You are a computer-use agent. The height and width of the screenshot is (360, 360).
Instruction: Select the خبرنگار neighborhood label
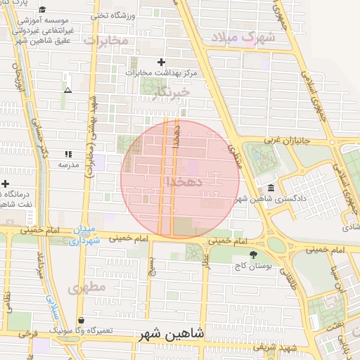click(170, 92)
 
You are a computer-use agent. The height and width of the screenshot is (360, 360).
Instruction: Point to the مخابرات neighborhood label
click(107, 41)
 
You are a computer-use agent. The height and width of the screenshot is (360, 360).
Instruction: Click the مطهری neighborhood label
click(87, 288)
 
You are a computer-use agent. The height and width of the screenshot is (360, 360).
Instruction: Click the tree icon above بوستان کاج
click(253, 255)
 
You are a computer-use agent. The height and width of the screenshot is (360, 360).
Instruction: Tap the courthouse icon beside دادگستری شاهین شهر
click(271, 187)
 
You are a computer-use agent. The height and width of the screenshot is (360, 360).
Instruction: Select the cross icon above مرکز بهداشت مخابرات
click(162, 63)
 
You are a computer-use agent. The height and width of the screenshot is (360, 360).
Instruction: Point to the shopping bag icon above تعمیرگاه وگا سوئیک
click(82, 320)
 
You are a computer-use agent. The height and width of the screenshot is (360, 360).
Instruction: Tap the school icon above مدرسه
click(68, 154)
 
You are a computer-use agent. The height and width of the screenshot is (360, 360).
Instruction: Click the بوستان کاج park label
click(253, 267)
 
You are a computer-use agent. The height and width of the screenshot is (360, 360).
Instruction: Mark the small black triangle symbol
click(67, 91)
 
